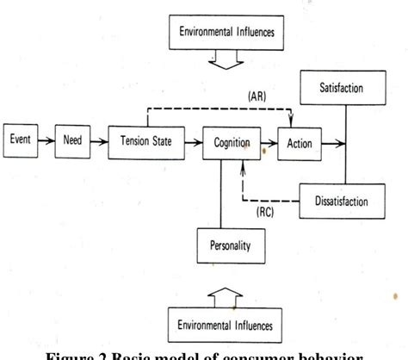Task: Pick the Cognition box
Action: pos(228,143)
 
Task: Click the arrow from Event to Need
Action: pos(49,139)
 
